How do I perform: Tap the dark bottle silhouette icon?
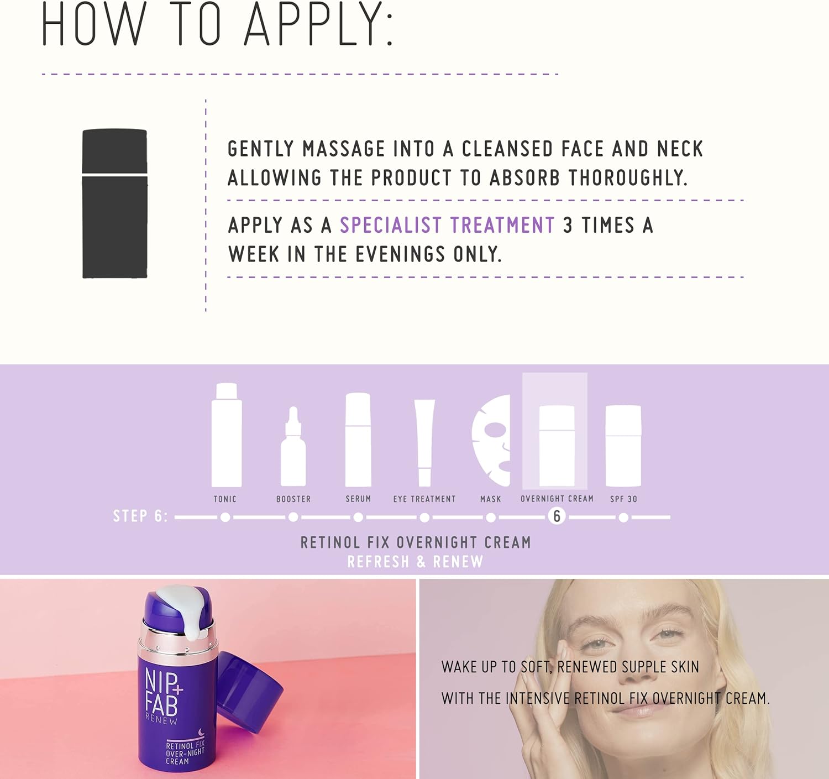pos(115,203)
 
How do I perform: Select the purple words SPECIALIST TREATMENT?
pos(447,224)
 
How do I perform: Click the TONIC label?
pos(225,499)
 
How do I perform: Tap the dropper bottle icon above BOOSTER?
pos(293,447)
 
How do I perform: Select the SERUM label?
pos(358,499)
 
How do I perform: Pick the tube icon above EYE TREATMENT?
pos(424,443)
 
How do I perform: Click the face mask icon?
pos(492,440)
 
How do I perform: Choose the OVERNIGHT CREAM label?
pos(557,499)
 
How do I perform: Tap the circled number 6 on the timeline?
pos(557,517)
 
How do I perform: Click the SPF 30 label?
pos(623,499)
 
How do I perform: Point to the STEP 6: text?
pos(140,516)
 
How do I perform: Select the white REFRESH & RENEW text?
pos(416,562)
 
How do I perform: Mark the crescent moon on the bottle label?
pos(201,732)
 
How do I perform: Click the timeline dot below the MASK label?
pos(491,517)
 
